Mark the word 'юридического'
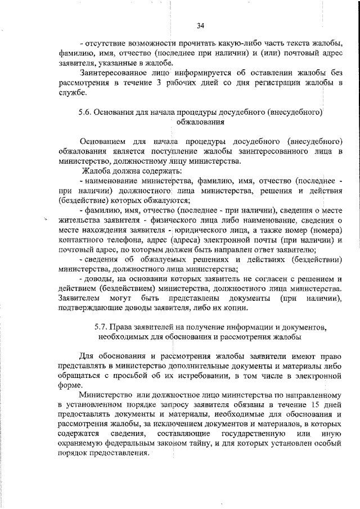(207, 231)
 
